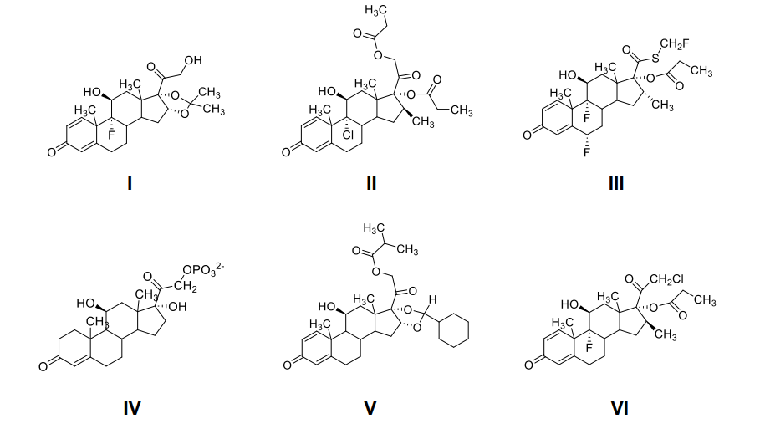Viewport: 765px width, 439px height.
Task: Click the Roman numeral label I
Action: point(130,181)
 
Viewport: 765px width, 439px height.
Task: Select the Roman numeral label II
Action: point(370,181)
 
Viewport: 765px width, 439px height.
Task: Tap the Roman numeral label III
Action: point(615,181)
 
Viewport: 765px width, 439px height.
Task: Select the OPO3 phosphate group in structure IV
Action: point(201,270)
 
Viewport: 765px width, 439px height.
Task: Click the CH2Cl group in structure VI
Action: point(666,278)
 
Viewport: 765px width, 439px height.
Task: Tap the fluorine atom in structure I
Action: point(110,132)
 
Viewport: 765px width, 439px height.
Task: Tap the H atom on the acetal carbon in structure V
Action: point(433,299)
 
